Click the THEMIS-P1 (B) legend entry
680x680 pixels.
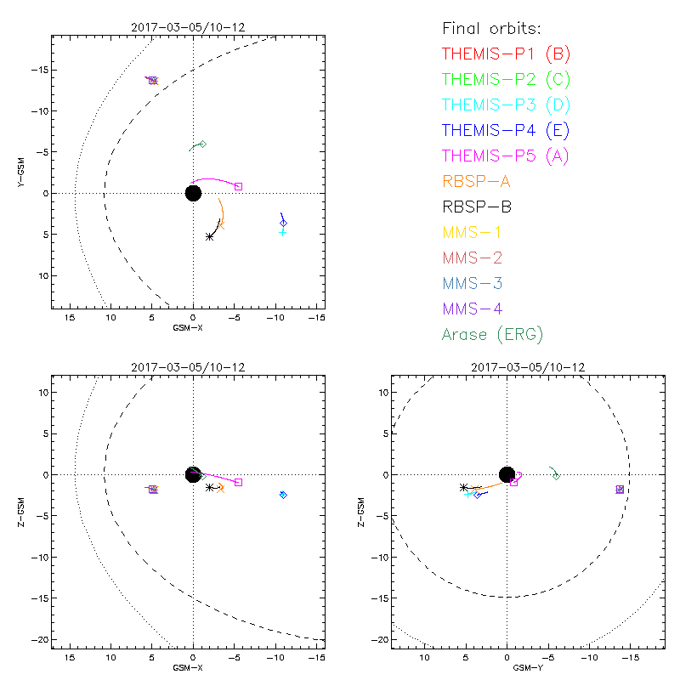point(506,54)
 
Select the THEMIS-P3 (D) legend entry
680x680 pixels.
point(506,105)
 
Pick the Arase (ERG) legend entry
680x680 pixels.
point(492,334)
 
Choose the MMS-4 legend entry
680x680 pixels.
point(474,309)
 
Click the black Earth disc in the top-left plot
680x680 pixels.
point(193,193)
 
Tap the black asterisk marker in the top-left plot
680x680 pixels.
point(210,236)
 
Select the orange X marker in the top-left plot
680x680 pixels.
point(221,225)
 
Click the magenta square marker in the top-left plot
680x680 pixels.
point(239,186)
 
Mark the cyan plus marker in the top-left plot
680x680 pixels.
point(283,232)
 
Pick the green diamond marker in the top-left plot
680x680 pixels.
point(202,144)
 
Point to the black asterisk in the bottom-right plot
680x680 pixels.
point(463,487)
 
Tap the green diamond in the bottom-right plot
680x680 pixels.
point(557,476)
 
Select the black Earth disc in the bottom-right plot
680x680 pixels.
point(507,474)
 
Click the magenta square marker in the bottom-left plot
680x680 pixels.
point(239,482)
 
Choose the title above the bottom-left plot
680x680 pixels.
point(188,367)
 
